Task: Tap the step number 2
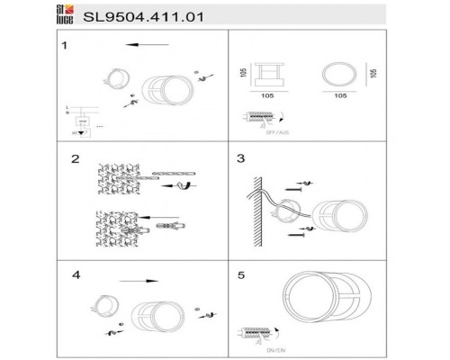[76, 159]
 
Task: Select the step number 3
[240, 159]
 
